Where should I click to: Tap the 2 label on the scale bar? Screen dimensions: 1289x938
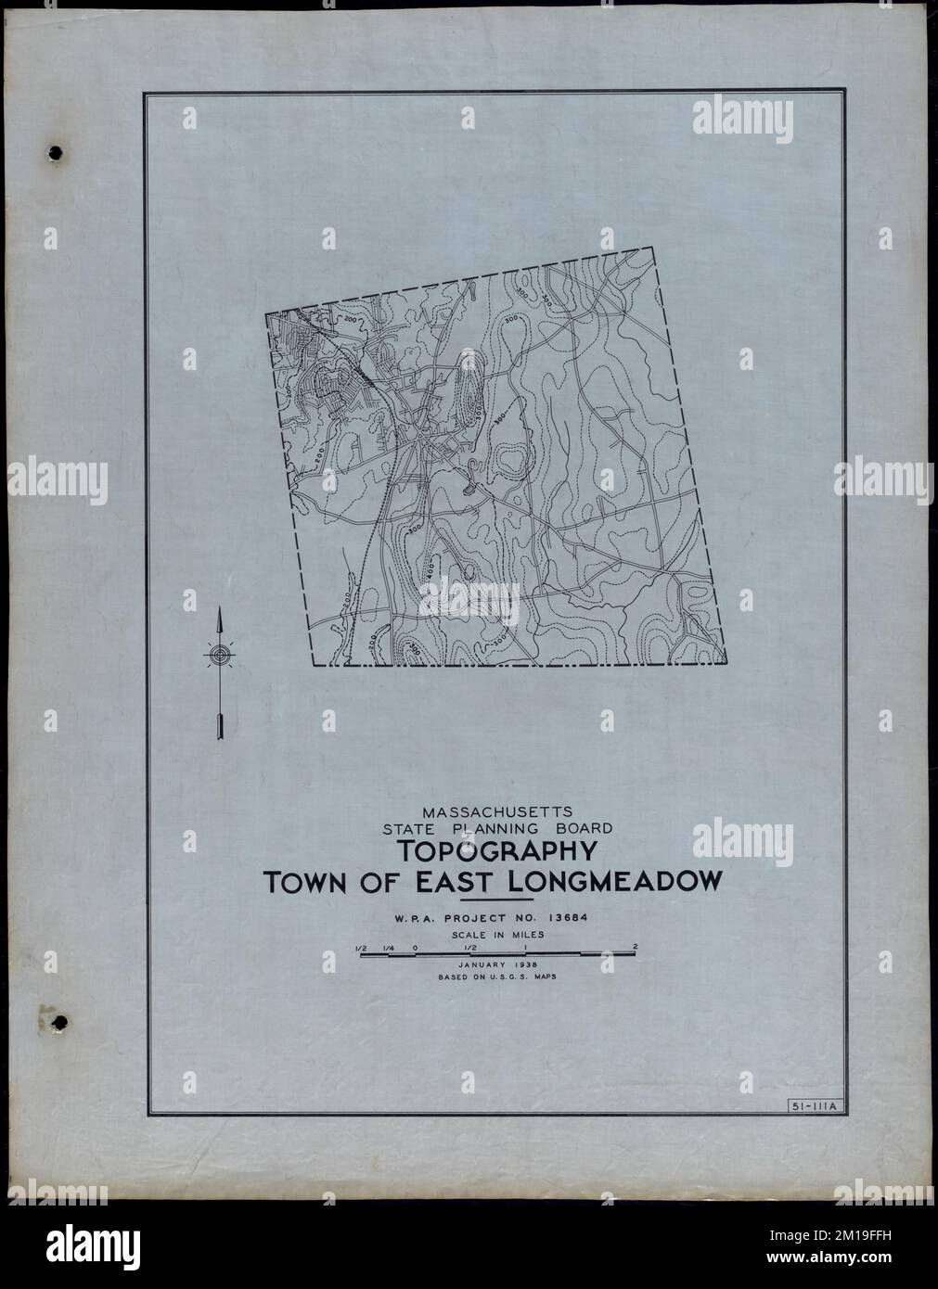(635, 947)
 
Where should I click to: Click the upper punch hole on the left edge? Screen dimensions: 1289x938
(58, 151)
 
